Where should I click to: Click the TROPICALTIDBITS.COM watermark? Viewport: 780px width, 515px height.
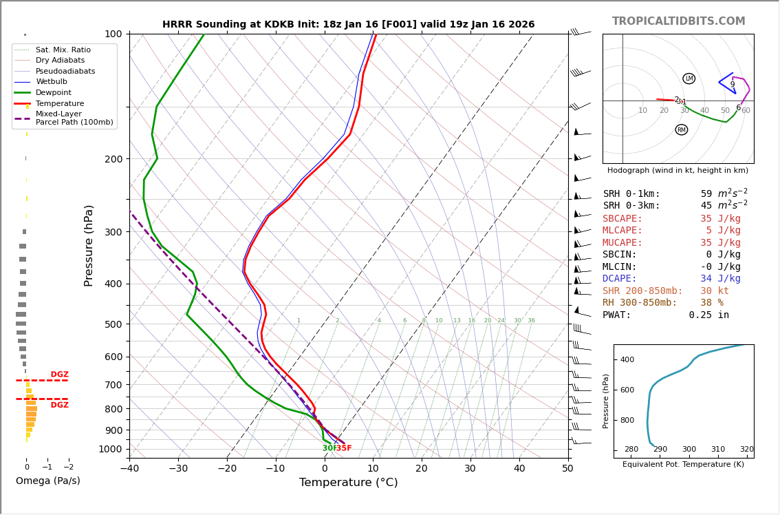click(678, 21)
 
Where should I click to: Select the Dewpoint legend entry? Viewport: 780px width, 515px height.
click(54, 93)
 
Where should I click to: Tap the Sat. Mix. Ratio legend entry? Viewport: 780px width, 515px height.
click(63, 50)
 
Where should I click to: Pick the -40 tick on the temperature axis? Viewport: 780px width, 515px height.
click(129, 469)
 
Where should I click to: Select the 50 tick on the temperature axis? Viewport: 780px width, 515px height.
click(567, 469)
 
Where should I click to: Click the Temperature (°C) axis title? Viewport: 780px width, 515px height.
click(348, 483)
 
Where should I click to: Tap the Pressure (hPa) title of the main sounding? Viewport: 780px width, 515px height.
click(89, 245)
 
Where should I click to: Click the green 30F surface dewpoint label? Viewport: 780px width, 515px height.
click(329, 448)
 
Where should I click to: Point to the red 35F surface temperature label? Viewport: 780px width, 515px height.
click(344, 448)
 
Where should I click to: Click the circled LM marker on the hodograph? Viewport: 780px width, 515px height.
click(689, 78)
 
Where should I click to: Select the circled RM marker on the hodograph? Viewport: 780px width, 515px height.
click(681, 129)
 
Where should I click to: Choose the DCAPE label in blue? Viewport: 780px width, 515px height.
click(620, 279)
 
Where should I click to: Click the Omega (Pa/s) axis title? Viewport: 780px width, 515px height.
click(48, 481)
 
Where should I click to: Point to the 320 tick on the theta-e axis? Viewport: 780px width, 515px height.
click(746, 450)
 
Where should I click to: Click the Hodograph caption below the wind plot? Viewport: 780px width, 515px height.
click(678, 170)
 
